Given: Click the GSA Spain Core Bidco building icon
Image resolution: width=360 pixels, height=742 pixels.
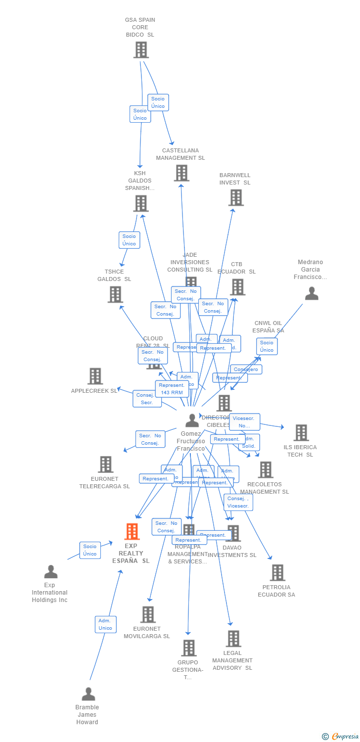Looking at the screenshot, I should (141, 50).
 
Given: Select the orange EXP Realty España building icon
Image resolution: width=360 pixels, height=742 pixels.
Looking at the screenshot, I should (132, 532).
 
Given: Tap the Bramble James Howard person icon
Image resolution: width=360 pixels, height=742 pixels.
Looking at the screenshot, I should (88, 694).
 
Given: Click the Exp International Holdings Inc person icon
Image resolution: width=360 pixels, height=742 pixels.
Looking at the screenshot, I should (50, 572).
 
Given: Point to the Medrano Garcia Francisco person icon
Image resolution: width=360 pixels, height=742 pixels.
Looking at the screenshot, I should (312, 293).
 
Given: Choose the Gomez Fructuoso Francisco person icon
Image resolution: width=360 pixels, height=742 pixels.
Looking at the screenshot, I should (192, 420).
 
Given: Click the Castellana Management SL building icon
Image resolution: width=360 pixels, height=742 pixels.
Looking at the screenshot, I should (181, 173).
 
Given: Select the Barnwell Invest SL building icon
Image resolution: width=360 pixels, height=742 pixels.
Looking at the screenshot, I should (236, 198).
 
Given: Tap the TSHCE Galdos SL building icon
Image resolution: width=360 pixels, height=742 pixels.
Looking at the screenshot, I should (115, 295).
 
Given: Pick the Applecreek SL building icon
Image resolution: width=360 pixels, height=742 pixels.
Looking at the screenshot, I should (95, 376).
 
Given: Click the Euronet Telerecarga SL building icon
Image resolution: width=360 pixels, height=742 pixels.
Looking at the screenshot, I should (105, 464).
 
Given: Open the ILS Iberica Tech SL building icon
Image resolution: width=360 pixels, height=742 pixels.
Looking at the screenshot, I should (301, 433).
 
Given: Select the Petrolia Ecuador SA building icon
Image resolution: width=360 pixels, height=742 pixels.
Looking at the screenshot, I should (277, 573).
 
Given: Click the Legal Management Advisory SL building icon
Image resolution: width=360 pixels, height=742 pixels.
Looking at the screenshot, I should (233, 639).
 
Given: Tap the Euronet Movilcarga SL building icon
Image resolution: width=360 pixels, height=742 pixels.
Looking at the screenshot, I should (148, 615).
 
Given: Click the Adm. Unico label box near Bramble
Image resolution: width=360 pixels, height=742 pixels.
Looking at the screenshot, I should (105, 624).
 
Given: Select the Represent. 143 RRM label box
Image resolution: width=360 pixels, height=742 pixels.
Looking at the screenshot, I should (172, 389).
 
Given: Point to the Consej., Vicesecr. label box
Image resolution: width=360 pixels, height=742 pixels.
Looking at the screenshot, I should (238, 502).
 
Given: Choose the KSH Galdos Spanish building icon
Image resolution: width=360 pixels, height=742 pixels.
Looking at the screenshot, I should (141, 203).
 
